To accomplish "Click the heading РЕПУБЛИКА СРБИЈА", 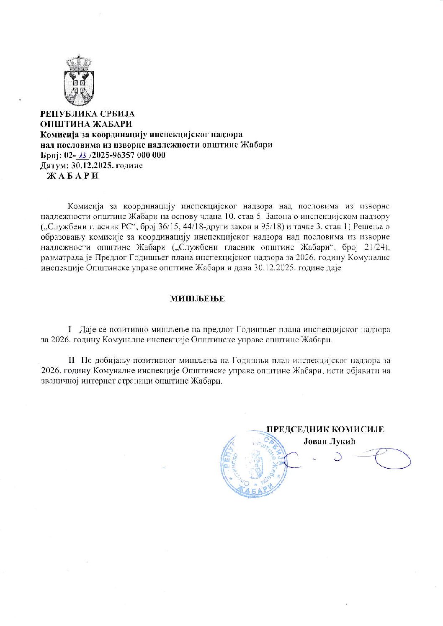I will tap(87, 114).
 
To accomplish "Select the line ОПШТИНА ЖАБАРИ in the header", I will tap(86, 124).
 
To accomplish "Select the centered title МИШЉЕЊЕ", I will tap(197, 299).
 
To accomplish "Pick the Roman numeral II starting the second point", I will tap(72, 360).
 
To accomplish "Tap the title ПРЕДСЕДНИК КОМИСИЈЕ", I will tap(325, 429).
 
